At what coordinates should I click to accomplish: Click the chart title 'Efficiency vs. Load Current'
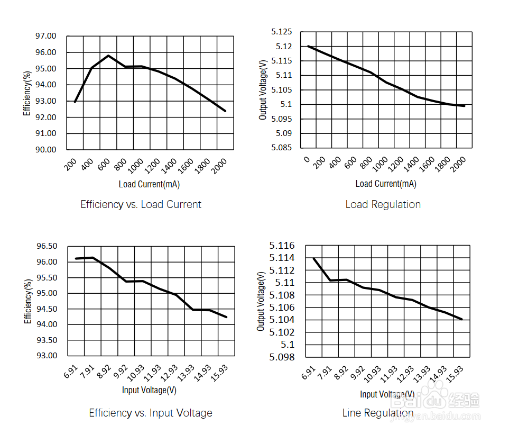141,204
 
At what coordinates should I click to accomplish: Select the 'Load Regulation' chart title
383,204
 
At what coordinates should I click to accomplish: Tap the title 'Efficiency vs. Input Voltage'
150,413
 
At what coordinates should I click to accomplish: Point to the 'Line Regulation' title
377,413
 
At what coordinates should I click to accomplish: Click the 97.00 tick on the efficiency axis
45,36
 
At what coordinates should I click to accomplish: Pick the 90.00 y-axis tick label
45,150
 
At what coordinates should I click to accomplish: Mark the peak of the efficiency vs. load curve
108,56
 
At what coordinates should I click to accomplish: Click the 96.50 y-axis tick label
47,246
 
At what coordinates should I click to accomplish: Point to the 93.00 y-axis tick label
47,356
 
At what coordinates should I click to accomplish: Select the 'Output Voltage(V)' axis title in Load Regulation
263,89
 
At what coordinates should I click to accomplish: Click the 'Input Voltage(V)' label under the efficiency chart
149,390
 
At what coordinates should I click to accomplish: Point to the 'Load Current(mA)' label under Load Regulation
385,184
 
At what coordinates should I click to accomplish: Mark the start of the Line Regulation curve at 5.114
314,258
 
